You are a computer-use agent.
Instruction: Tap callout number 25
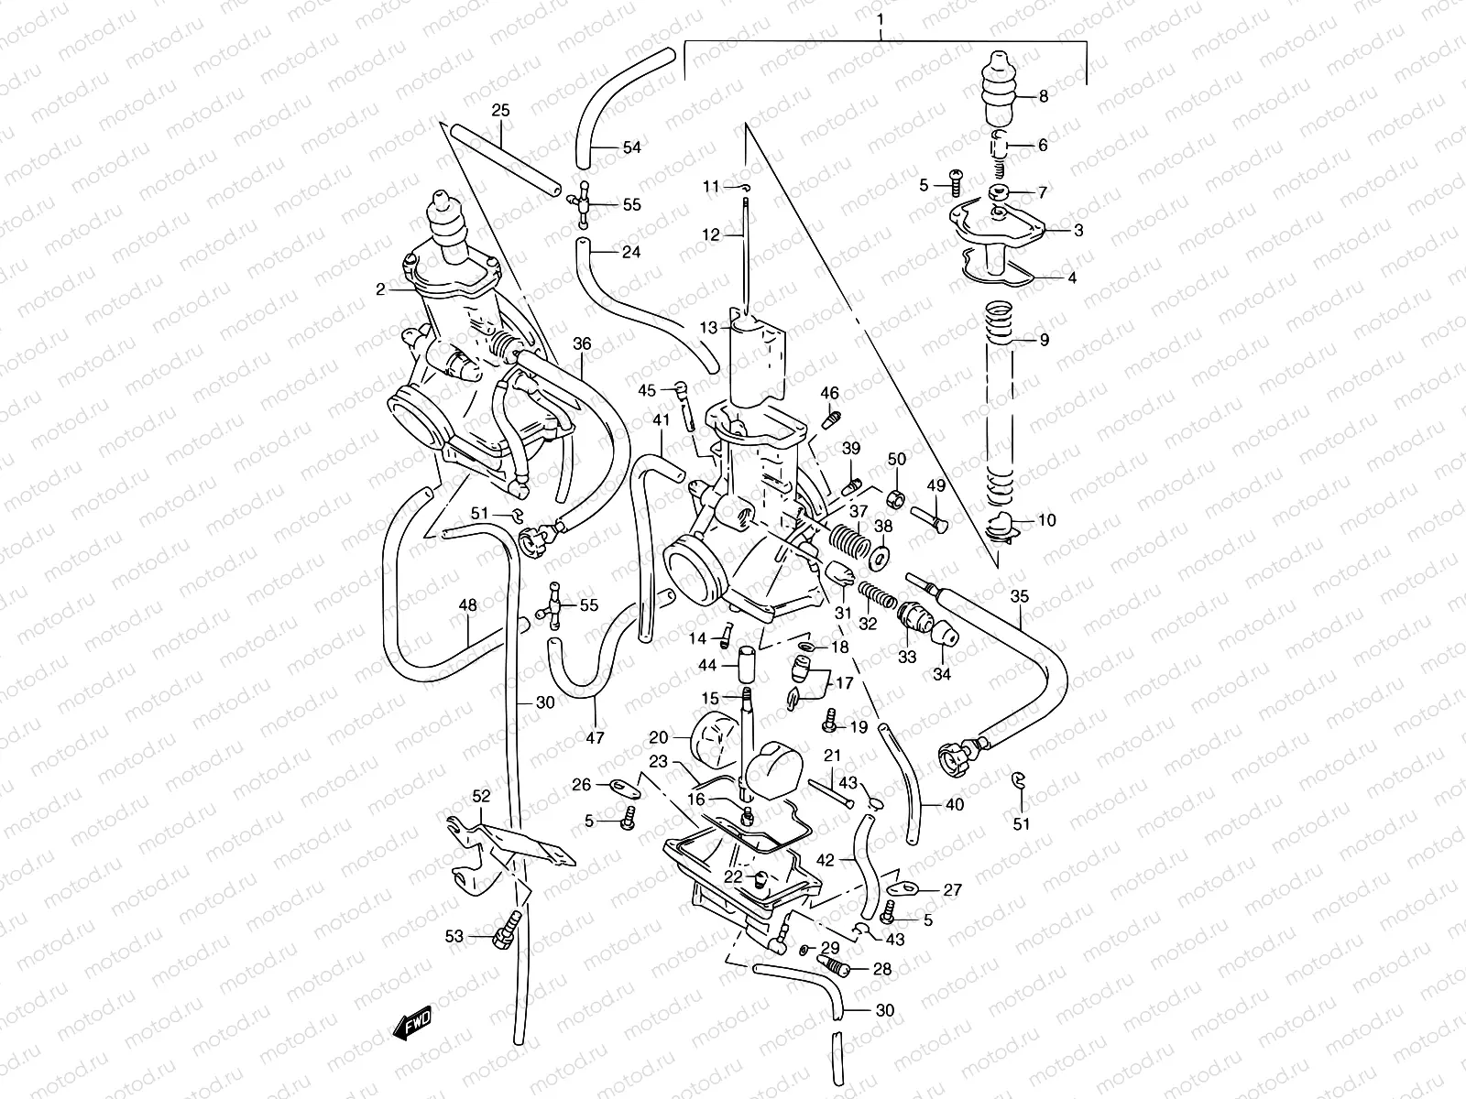(500, 110)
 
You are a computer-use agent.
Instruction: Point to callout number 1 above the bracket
(880, 18)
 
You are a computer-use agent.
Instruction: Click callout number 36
(583, 343)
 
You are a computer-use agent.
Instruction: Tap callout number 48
(468, 605)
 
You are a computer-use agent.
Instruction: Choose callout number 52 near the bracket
(481, 796)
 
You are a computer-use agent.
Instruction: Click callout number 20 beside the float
(660, 737)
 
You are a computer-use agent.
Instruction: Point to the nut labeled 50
(898, 497)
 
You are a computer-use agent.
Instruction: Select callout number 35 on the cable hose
(1020, 596)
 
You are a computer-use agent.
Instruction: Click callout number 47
(595, 737)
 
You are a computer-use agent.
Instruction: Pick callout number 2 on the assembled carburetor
(380, 289)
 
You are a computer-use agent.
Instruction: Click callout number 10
(1046, 520)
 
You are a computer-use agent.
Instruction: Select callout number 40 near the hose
(955, 805)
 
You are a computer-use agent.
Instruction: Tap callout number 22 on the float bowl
(732, 877)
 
